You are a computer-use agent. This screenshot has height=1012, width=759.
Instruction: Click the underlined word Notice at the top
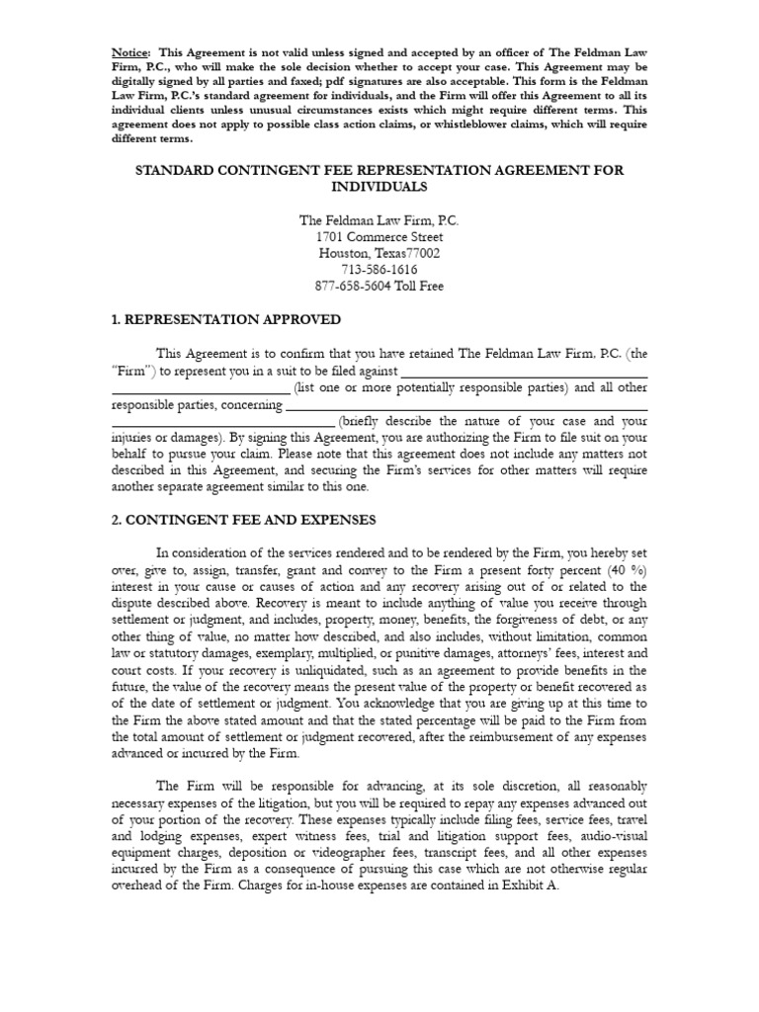click(x=129, y=50)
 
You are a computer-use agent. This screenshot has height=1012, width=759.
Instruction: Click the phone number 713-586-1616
click(x=379, y=270)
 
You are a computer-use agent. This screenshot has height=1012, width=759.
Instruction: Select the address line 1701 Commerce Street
click(x=379, y=237)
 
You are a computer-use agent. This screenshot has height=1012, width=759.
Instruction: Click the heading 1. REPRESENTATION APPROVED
click(x=226, y=319)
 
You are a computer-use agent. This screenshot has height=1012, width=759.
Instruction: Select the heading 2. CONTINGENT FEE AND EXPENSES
click(x=243, y=520)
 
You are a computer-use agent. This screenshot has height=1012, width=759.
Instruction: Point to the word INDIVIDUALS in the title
click(x=379, y=186)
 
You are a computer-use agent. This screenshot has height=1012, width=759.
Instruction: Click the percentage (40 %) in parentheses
click(x=622, y=570)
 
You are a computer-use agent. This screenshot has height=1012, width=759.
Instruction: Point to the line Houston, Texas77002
click(x=379, y=253)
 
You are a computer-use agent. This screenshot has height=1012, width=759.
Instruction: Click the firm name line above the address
click(x=379, y=220)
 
